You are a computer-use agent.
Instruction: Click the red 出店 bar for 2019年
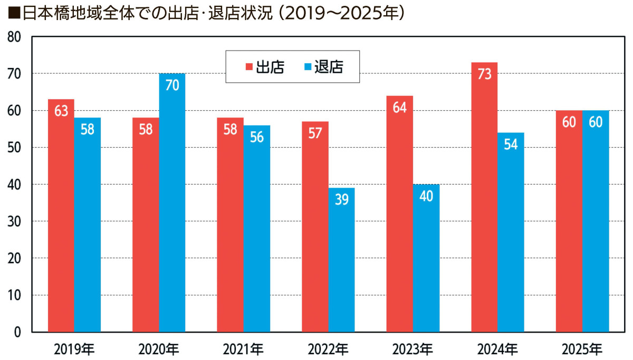[61, 216]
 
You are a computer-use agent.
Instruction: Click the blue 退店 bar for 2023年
[426, 258]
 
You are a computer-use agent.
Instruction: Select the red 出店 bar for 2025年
[569, 221]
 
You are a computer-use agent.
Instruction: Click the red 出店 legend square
[249, 67]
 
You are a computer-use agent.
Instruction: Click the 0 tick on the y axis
[17, 333]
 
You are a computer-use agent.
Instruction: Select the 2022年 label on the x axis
[328, 349]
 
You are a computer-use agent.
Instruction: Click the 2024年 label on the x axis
[497, 349]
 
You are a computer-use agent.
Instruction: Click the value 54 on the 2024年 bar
[511, 144]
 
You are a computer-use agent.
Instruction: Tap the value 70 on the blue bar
[172, 85]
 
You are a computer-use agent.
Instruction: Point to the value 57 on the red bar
[315, 133]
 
